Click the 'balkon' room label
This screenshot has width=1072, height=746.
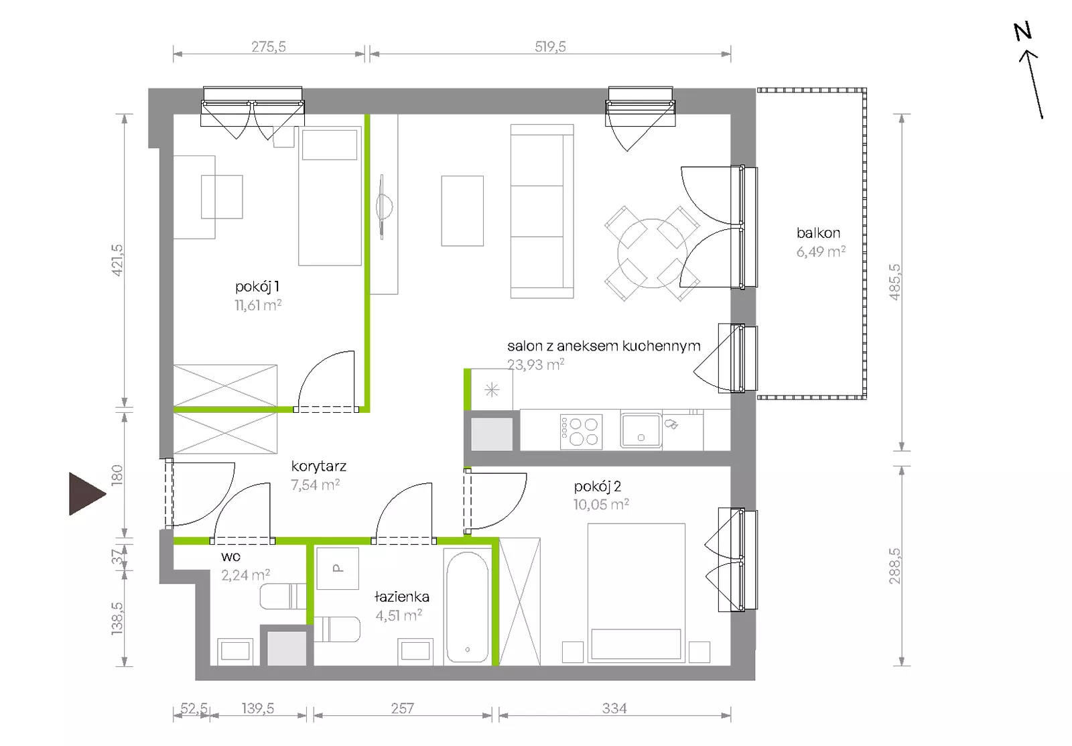(x=818, y=233)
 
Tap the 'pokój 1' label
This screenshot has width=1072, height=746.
(x=257, y=286)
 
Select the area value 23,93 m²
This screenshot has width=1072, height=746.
(x=535, y=365)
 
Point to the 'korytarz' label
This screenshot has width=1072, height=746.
(x=319, y=466)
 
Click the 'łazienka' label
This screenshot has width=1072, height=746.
(x=401, y=597)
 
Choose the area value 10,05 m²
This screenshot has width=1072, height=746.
(x=601, y=504)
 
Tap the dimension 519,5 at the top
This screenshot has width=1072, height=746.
(x=550, y=46)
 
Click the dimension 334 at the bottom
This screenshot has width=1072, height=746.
(x=614, y=708)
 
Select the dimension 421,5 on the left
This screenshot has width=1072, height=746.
(x=117, y=260)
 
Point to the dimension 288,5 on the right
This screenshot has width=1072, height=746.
(x=894, y=566)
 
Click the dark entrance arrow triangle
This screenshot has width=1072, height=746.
(x=87, y=494)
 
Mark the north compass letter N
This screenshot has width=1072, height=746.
(x=1022, y=32)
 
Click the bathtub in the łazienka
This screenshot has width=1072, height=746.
(x=468, y=607)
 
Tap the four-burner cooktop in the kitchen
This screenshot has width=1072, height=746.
(x=581, y=432)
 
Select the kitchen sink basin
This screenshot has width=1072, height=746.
(x=641, y=430)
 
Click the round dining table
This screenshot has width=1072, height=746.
(x=653, y=253)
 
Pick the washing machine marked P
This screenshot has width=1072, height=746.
(x=338, y=568)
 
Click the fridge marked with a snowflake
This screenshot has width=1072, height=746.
(x=492, y=390)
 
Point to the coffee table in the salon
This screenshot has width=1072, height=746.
(x=462, y=210)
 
